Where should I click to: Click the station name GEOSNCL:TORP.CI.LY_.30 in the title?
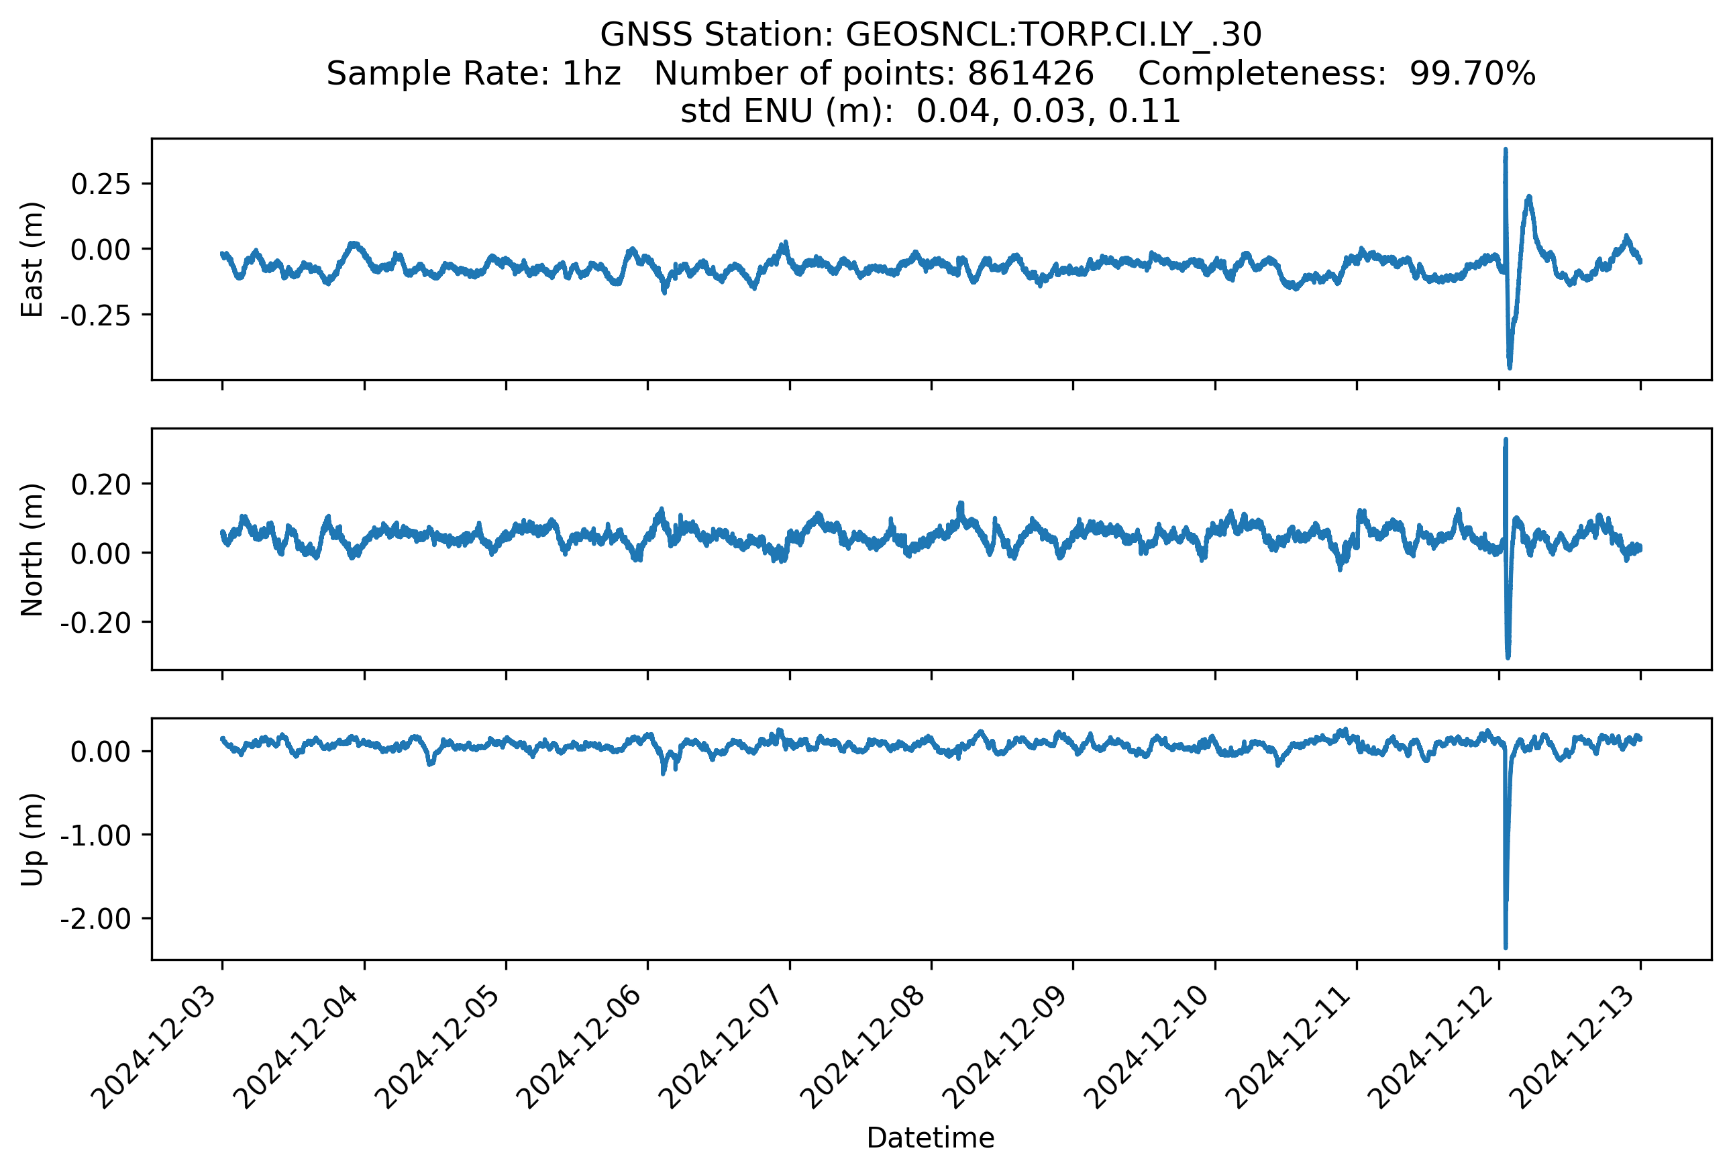pyautogui.click(x=1053, y=34)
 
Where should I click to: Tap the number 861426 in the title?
pyautogui.click(x=1030, y=73)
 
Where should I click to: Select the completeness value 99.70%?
pyautogui.click(x=1473, y=73)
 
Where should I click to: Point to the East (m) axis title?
pyautogui.click(x=32, y=259)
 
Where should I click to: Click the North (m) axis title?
pyautogui.click(x=32, y=550)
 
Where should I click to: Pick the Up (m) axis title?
pyautogui.click(x=32, y=839)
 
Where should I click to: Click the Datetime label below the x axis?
pyautogui.click(x=931, y=1138)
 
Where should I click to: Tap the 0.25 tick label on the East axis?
pyautogui.click(x=101, y=183)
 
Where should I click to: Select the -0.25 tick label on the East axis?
pyautogui.click(x=95, y=315)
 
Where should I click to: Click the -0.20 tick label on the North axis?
pyautogui.click(x=95, y=622)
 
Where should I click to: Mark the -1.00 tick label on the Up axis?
pyautogui.click(x=95, y=835)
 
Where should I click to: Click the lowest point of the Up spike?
pyautogui.click(x=1506, y=948)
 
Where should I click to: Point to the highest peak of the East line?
pyautogui.click(x=1506, y=150)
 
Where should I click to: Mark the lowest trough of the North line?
pyautogui.click(x=1508, y=658)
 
